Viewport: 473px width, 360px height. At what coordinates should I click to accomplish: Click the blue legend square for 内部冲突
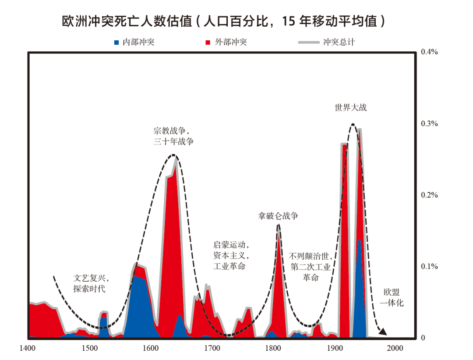(x=116, y=42)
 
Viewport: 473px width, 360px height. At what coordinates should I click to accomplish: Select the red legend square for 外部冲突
(x=208, y=42)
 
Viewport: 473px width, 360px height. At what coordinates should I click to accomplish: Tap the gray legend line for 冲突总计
(x=309, y=42)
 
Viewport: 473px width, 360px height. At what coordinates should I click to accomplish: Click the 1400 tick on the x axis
(x=28, y=348)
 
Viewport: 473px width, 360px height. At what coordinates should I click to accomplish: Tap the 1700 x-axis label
(x=212, y=348)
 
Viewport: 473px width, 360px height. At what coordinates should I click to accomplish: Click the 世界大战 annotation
(x=350, y=107)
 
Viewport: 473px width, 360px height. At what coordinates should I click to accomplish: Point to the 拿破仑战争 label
(x=278, y=216)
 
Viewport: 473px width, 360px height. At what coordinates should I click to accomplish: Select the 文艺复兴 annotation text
(x=91, y=278)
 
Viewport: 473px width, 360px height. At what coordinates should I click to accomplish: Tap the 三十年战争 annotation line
(x=173, y=142)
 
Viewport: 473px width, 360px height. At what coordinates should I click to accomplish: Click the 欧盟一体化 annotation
(x=392, y=298)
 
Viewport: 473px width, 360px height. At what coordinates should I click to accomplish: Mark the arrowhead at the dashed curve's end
(x=383, y=332)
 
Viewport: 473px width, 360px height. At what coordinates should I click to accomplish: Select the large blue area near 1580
(x=139, y=307)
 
